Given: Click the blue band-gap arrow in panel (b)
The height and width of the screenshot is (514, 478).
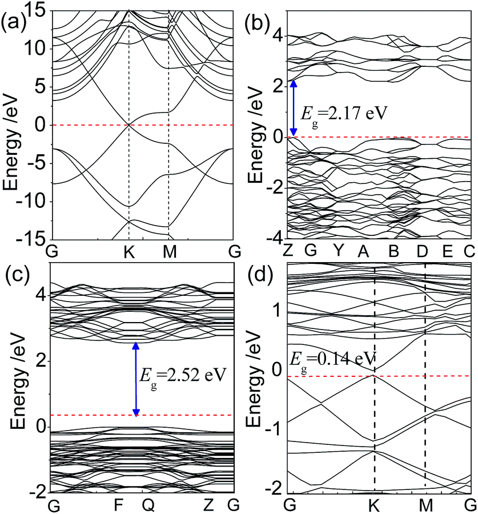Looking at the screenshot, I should pyautogui.click(x=293, y=109).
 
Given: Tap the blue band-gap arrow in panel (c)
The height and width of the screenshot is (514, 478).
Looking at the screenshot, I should pyautogui.click(x=136, y=379).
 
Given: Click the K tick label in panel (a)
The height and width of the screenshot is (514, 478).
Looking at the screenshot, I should pyautogui.click(x=129, y=252).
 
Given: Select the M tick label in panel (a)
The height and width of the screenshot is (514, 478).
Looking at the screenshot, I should pyautogui.click(x=168, y=252).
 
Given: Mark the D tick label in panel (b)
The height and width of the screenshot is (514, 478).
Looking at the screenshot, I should pyautogui.click(x=423, y=252).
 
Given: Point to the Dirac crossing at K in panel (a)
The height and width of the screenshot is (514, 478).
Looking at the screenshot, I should pyautogui.click(x=129, y=125).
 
